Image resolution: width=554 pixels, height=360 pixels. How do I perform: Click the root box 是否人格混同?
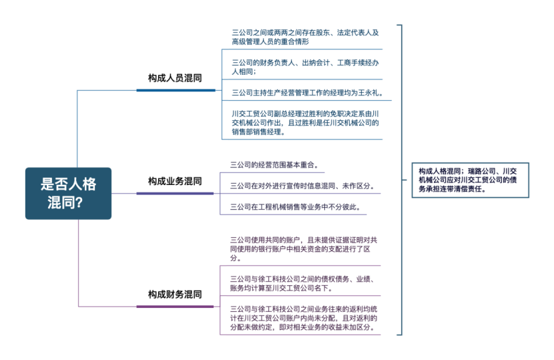pyautogui.click(x=68, y=193)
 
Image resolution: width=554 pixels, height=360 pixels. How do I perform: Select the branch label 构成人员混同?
pyautogui.click(x=176, y=77)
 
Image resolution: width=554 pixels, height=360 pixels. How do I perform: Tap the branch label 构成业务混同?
pyautogui.click(x=175, y=181)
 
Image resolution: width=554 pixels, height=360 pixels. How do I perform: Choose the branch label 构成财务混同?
pyautogui.click(x=175, y=294)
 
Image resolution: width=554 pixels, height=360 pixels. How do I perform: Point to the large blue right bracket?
pyautogui.click(x=400, y=180)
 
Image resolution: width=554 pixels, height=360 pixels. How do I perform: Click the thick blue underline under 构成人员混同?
pyautogui.click(x=176, y=89)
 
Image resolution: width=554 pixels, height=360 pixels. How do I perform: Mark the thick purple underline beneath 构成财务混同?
pyautogui.click(x=176, y=307)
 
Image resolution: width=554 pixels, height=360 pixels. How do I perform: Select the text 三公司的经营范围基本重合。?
pyautogui.click(x=274, y=164)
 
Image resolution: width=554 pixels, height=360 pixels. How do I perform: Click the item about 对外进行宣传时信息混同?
pyautogui.click(x=302, y=186)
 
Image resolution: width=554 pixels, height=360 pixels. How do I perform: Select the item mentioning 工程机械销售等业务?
pyautogui.click(x=296, y=207)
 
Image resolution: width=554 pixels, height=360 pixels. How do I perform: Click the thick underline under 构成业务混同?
pyautogui.click(x=176, y=194)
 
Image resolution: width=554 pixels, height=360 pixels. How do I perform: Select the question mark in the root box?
pyautogui.click(x=79, y=203)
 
